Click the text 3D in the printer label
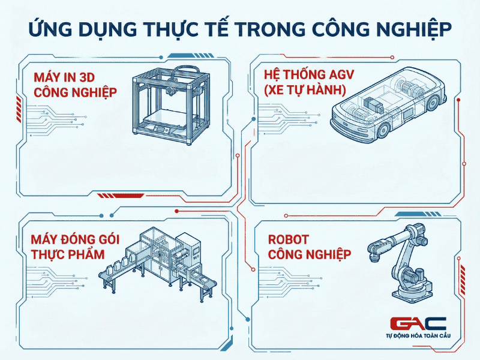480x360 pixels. pyautogui.click(x=106, y=76)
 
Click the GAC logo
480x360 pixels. pyautogui.click(x=418, y=324)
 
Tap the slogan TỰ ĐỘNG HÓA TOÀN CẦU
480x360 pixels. pyautogui.click(x=418, y=337)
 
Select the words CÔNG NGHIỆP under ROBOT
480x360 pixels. pyautogui.click(x=310, y=254)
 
